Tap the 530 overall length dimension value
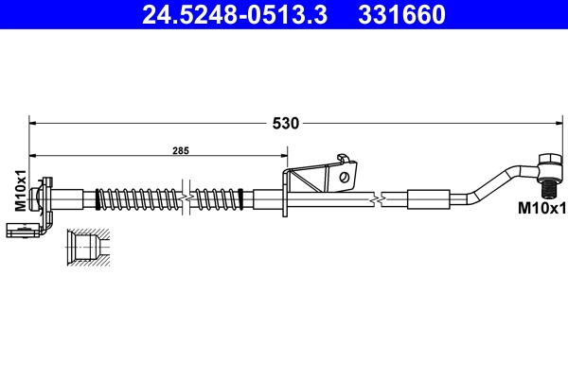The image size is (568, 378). tap(286, 123)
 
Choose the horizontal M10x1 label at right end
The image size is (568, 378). tap(542, 208)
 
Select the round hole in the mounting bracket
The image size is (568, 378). tap(347, 174)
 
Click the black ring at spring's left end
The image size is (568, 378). tap(98, 199)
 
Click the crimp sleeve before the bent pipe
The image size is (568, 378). tap(428, 199)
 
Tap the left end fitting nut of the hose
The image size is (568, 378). tap(40, 199)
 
